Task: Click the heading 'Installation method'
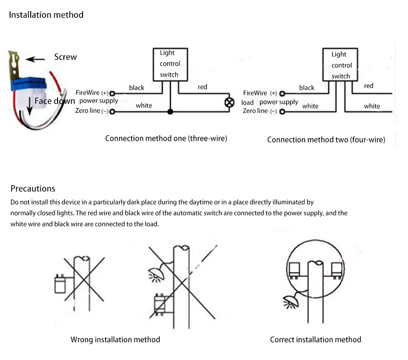point(46,15)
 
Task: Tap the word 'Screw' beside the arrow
point(65,57)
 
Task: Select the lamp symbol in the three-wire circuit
point(230,102)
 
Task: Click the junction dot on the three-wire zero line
point(170,112)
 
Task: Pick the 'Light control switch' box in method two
point(341,65)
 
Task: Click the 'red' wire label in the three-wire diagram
point(203,87)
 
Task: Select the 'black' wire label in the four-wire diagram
point(307,87)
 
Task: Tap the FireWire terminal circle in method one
point(113,93)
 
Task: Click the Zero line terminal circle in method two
point(282,112)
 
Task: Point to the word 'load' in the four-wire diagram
point(248,103)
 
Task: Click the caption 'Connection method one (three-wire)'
point(166,139)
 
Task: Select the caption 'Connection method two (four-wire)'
point(326,140)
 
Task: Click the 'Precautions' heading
point(33,189)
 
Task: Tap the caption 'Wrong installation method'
point(115,339)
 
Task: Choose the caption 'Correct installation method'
point(315,339)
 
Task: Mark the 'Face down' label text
point(55,101)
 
